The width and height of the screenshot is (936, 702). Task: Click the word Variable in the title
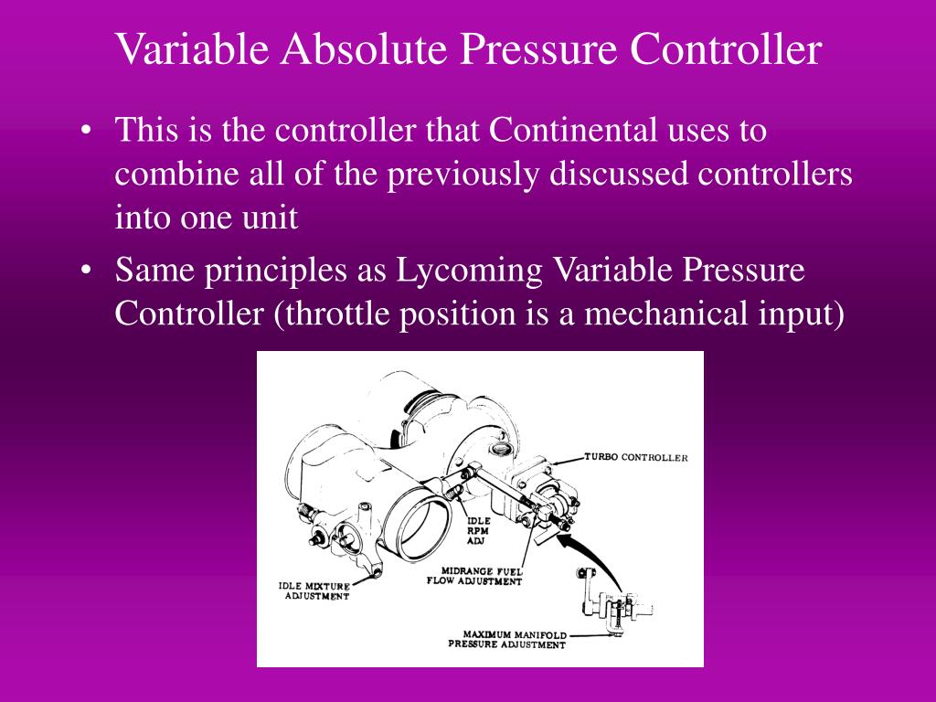[x=191, y=49]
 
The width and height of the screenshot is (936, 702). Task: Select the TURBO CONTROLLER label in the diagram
[x=636, y=457]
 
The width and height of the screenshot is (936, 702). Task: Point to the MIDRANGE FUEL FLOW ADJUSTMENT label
[x=475, y=576]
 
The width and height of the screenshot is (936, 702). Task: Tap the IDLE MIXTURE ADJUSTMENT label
[x=314, y=590]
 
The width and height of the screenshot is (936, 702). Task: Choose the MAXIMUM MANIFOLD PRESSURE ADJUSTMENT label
[x=507, y=639]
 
